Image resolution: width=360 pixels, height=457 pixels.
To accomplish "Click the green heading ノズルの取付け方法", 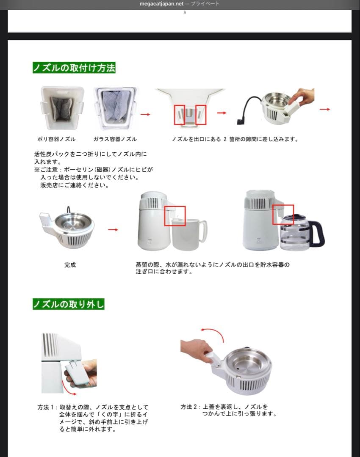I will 74,68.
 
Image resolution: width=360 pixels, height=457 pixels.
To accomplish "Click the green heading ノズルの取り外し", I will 68,304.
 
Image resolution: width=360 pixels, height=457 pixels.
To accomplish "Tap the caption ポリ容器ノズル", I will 56,139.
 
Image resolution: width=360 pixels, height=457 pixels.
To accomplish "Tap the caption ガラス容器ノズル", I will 115,139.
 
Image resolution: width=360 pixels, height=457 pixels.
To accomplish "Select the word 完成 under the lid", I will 70,265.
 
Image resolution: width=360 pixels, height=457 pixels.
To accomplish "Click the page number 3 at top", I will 184,13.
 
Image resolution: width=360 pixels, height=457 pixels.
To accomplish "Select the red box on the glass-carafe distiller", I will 283,215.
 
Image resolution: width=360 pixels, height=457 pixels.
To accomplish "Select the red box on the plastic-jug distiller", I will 174,216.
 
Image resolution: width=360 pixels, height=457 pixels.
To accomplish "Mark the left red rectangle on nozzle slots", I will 180,114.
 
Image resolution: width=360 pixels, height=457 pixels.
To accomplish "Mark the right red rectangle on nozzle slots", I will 201,115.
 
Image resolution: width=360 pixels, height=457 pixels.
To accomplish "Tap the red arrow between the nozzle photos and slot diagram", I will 145,114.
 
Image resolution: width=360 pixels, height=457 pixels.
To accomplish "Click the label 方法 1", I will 47,407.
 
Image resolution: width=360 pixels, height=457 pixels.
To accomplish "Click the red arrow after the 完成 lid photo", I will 113,230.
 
